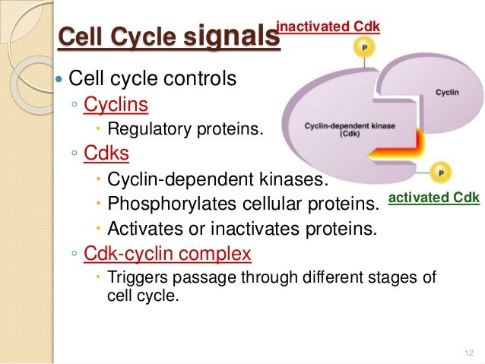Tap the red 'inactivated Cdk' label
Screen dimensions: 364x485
point(328,27)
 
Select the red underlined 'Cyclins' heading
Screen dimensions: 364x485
point(116,103)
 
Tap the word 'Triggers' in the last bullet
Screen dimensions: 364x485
point(135,277)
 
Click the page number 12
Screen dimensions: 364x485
point(467,353)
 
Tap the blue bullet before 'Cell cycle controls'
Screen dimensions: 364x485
point(60,78)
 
